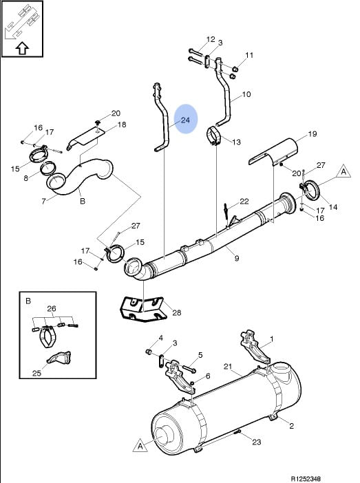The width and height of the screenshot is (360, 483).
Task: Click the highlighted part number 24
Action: point(185,120)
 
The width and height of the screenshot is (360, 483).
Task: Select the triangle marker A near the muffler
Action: point(140,446)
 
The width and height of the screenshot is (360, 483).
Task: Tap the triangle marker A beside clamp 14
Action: point(343,171)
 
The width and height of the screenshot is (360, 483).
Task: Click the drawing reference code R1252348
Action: point(306,479)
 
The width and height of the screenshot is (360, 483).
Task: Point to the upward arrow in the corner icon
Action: point(22,48)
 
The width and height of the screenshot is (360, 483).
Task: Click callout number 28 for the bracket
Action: point(177,313)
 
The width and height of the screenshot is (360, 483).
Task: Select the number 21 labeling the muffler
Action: point(227,367)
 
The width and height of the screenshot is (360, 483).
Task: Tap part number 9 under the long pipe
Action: point(237,258)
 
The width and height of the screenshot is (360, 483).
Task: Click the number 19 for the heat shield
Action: point(313,133)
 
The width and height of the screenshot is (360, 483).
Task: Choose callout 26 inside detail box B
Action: point(52,308)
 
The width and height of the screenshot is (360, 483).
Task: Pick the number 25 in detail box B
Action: point(36,373)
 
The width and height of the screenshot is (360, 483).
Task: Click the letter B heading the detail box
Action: point(28,301)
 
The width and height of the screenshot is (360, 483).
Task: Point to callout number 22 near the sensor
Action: point(244,202)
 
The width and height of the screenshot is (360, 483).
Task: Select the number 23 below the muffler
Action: point(257,442)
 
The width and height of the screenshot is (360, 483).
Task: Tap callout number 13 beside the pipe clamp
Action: point(236,142)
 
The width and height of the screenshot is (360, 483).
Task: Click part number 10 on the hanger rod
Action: point(246,94)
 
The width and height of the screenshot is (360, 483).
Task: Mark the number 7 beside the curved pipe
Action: point(43,201)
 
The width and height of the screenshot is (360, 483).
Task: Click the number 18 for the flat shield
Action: point(122,125)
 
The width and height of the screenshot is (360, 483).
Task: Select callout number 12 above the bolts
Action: point(211,39)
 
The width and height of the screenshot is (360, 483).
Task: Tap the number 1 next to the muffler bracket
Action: point(271,339)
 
